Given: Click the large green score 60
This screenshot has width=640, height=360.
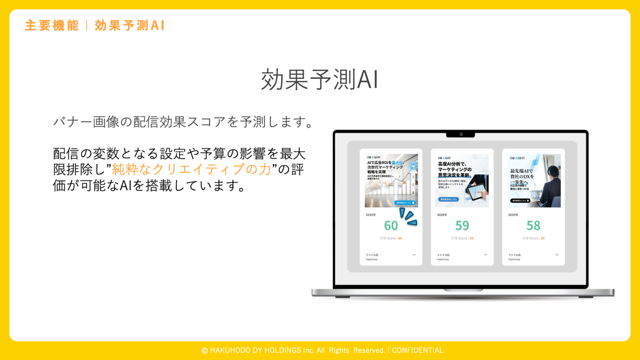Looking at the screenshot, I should click(x=391, y=226).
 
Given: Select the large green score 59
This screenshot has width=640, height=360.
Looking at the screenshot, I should click(x=462, y=226).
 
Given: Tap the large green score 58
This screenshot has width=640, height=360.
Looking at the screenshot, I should click(x=533, y=226).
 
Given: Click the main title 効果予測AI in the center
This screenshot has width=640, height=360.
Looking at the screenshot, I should click(x=320, y=79).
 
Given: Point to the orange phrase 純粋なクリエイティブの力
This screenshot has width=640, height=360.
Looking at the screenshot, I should click(x=192, y=169).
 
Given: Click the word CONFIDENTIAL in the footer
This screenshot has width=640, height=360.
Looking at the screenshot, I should click(x=417, y=350).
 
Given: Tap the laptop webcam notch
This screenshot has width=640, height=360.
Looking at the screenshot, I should click(x=460, y=134).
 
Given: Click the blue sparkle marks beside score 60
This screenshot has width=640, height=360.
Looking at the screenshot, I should click(x=408, y=217).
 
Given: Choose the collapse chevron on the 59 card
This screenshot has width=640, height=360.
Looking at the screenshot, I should click(x=485, y=255).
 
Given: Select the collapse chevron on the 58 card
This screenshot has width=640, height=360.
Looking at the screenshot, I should click(x=557, y=255).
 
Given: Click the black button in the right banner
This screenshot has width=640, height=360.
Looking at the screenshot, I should click(x=520, y=200).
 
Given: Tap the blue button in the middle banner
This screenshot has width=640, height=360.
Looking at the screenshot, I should click(x=448, y=199).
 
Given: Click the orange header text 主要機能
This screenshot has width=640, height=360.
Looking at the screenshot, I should click(x=52, y=26).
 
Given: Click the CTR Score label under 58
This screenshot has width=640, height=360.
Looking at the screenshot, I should click(x=531, y=238).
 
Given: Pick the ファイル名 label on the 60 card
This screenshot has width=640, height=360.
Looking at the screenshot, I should click(x=372, y=255).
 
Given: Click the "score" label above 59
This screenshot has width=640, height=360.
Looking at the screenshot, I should click(x=442, y=215).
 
